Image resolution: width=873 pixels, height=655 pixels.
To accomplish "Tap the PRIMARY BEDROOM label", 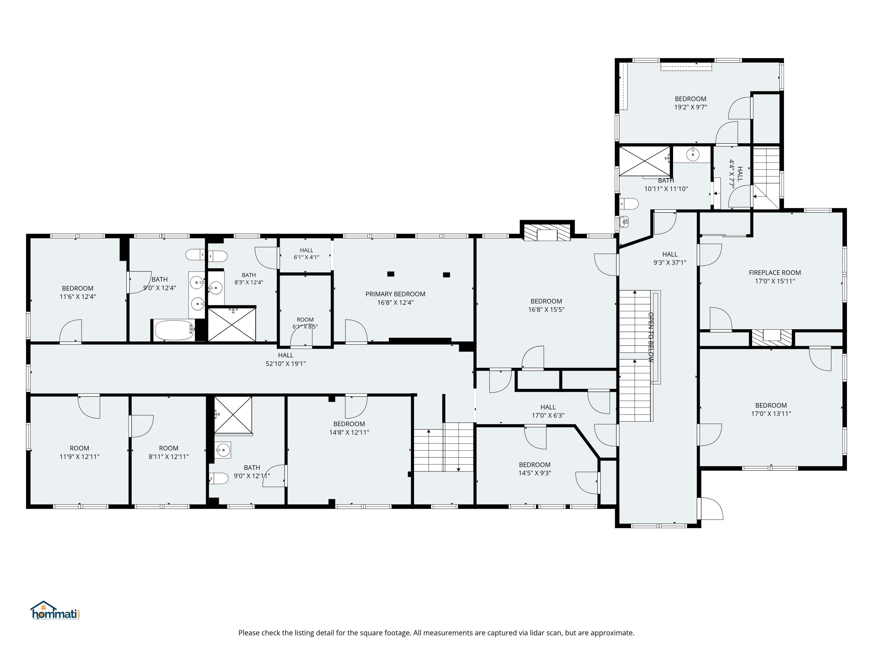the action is [395, 294].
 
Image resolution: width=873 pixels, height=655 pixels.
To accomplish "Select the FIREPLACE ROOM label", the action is [775, 272].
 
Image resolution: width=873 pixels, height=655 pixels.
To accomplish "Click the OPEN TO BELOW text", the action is [651, 338].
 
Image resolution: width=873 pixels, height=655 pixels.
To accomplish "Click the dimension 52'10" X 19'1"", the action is [285, 364].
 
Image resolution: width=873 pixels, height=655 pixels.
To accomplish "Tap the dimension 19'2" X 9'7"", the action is [690, 107].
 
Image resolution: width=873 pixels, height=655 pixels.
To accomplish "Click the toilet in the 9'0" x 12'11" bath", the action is [219, 479].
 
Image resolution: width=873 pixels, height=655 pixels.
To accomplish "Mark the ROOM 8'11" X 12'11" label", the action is [168, 452].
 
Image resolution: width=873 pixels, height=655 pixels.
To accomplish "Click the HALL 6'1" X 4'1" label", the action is [306, 254].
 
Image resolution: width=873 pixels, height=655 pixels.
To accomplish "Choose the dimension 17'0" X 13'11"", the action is [771, 414].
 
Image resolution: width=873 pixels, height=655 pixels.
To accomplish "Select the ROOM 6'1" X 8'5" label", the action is [305, 323].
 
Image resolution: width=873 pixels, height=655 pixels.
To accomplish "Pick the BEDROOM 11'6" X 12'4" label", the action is [78, 292].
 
